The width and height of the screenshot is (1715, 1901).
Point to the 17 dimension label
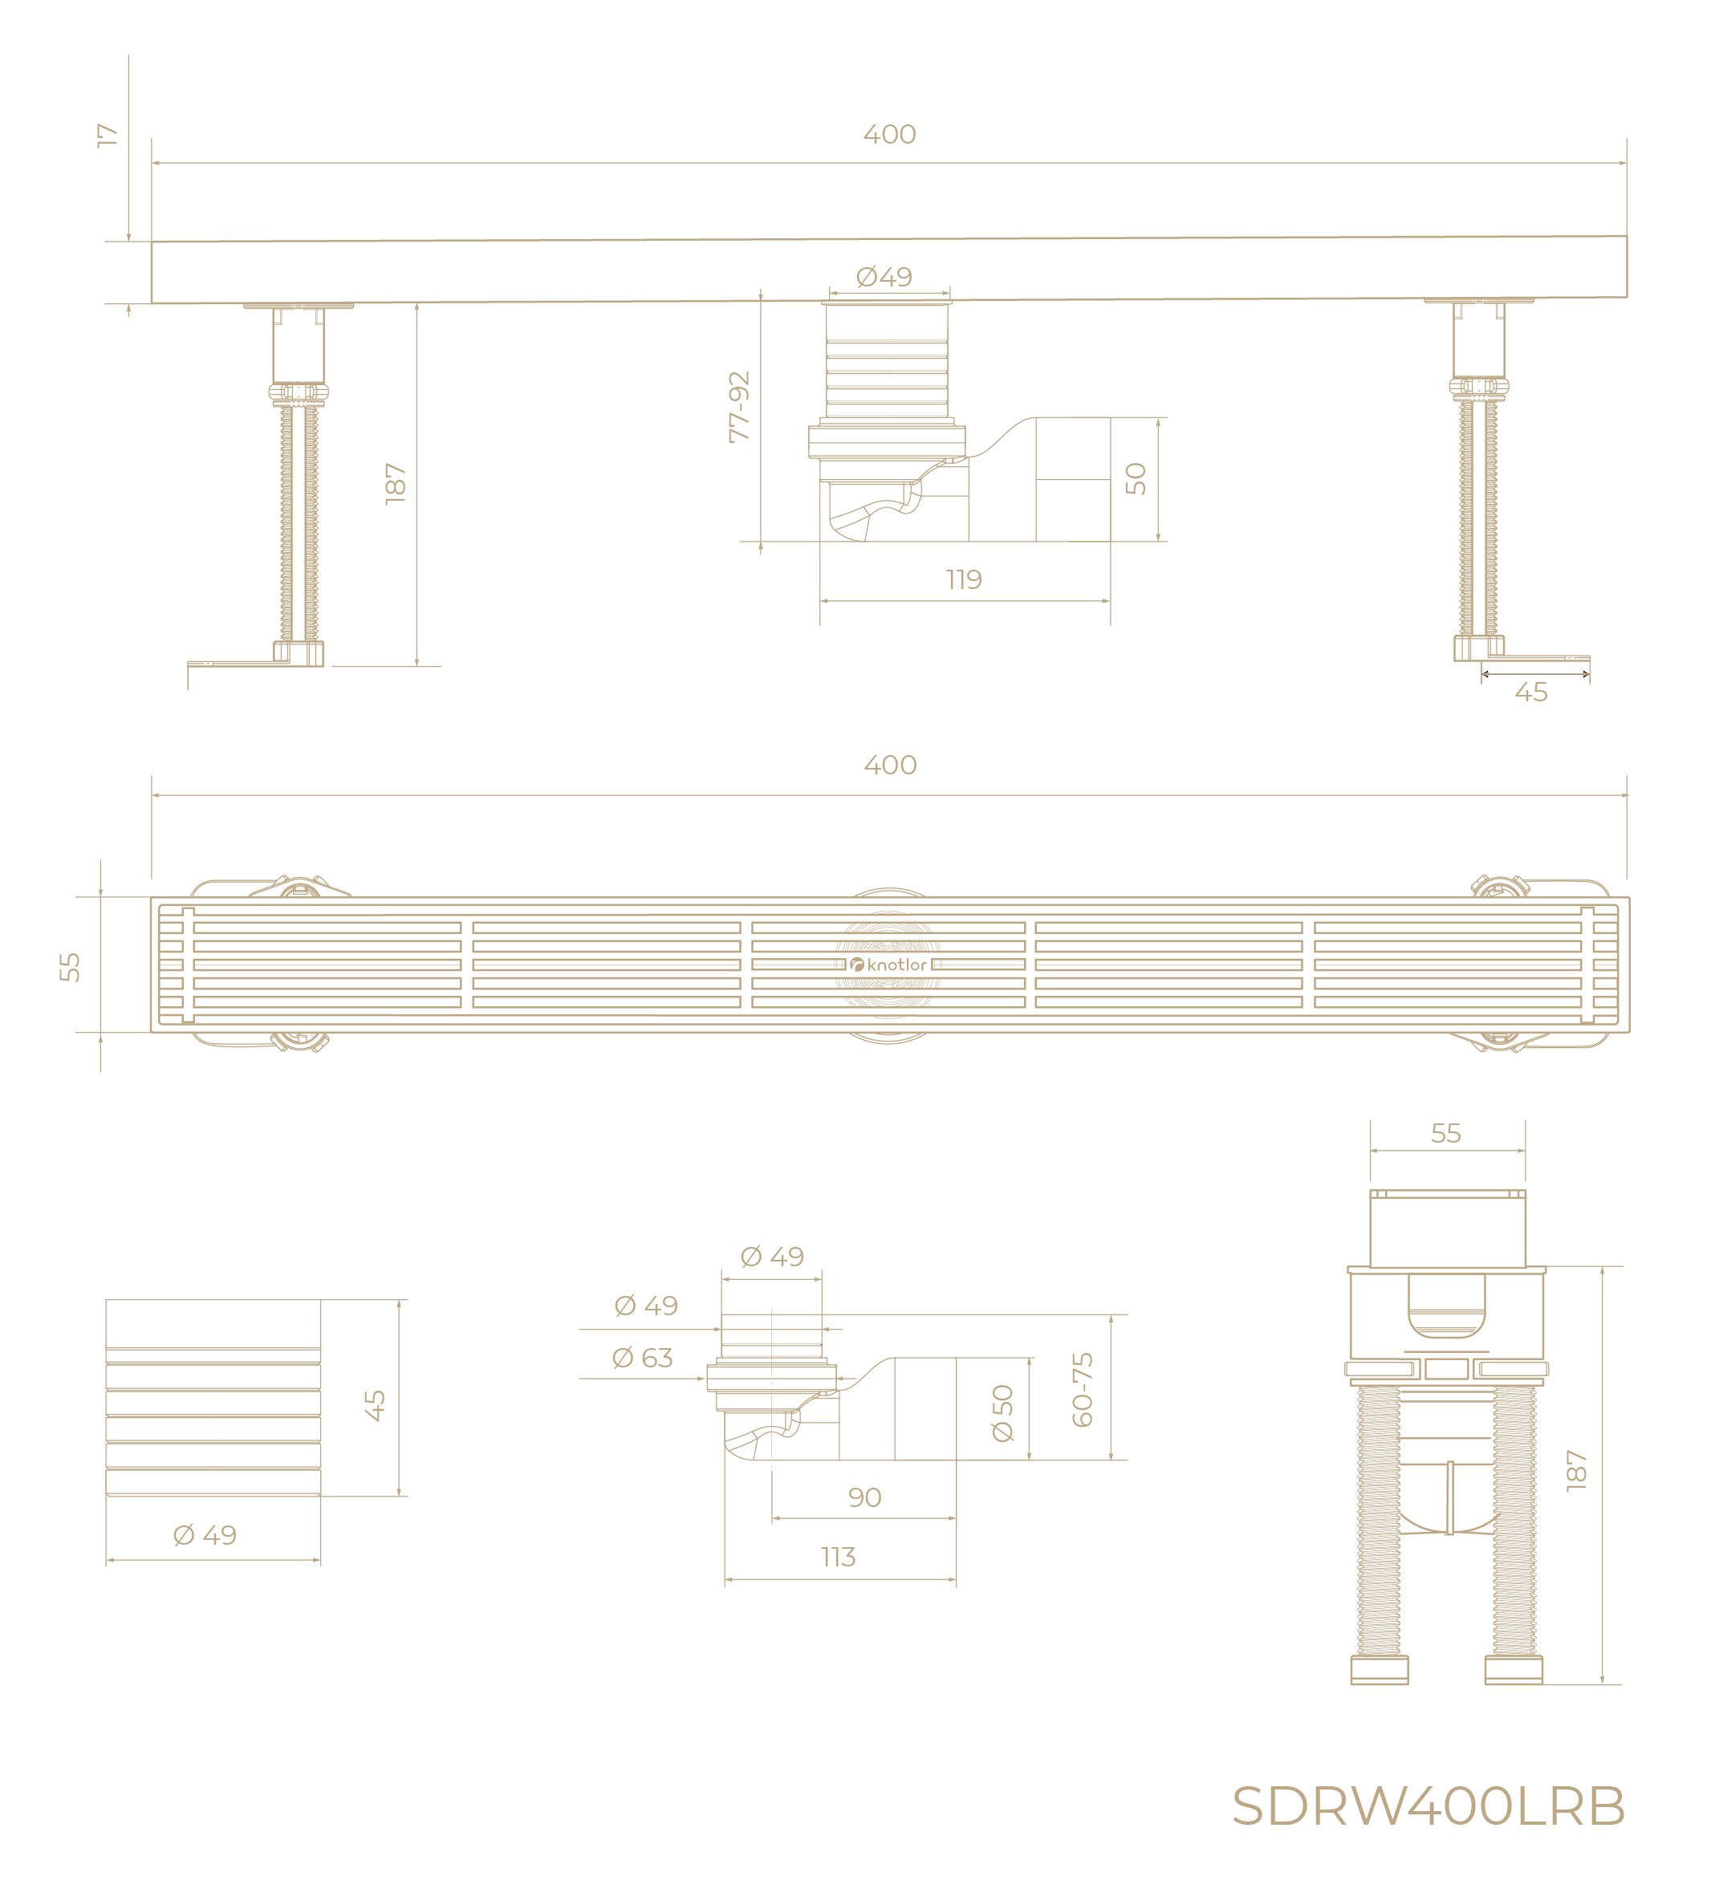pyautogui.click(x=108, y=135)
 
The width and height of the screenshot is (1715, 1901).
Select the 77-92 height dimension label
pyautogui.click(x=740, y=407)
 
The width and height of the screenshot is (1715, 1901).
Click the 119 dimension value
pyautogui.click(x=964, y=579)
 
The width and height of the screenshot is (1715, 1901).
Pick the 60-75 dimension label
pyautogui.click(x=1083, y=1390)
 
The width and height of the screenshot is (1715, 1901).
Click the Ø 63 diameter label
pyautogui.click(x=643, y=1358)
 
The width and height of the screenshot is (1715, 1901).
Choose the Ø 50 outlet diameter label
pyautogui.click(x=1002, y=1413)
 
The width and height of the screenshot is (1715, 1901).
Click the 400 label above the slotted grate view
pyautogui.click(x=889, y=764)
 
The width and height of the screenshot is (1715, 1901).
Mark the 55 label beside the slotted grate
pyautogui.click(x=70, y=966)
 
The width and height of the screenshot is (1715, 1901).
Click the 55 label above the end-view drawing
pyautogui.click(x=1445, y=1133)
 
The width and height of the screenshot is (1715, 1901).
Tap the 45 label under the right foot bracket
pyautogui.click(x=1531, y=693)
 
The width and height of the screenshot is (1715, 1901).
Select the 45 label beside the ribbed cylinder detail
pyautogui.click(x=375, y=1406)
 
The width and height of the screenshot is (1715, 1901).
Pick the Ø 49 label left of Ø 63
pyautogui.click(x=645, y=1305)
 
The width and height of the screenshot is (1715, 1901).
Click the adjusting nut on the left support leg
pyautogui.click(x=298, y=392)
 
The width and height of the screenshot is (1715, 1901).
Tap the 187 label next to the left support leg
pyautogui.click(x=396, y=483)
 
